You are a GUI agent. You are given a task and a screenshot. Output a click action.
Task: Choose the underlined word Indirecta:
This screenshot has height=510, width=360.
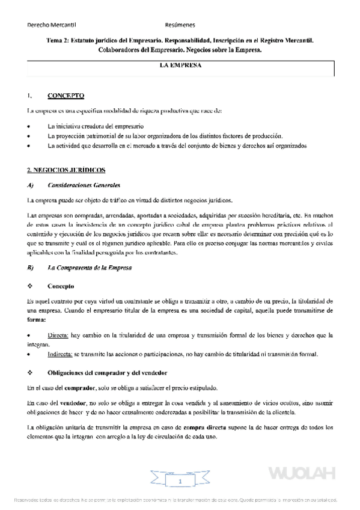[x=62, y=354]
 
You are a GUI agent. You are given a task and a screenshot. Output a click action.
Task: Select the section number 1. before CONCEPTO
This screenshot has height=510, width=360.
[x=29, y=96]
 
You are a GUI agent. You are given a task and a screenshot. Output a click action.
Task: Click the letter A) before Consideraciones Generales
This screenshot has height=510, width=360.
[x=31, y=185]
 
